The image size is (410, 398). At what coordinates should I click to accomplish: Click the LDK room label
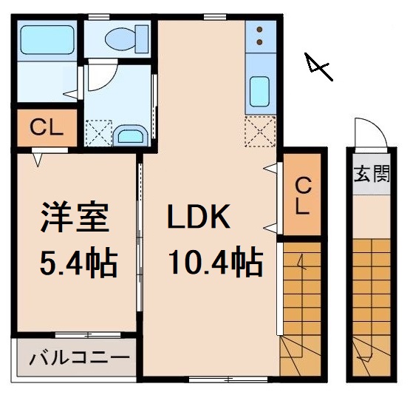[x=199, y=217]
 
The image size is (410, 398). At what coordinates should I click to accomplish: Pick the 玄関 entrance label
[x=371, y=175]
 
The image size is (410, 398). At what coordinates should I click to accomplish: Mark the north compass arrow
[x=318, y=68]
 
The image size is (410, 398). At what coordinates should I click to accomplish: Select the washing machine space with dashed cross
[x=98, y=132]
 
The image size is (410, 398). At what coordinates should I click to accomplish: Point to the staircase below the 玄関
[x=370, y=296]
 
